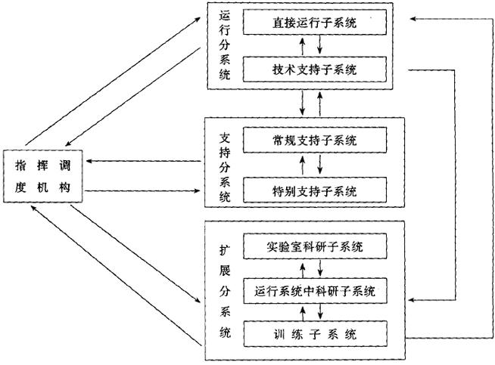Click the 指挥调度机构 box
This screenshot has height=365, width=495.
click(x=43, y=175)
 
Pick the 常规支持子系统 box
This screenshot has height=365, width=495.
click(x=315, y=141)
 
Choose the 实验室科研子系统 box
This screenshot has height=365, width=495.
click(x=315, y=246)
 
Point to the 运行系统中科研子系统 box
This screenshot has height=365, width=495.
click(x=315, y=289)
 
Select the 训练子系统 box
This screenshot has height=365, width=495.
click(x=315, y=333)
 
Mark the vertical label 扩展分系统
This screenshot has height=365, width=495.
click(x=223, y=290)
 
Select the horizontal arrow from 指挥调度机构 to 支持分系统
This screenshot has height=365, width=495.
click(x=144, y=190)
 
